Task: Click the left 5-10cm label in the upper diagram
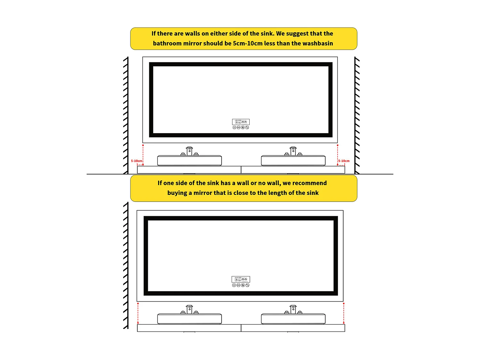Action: click(136, 161)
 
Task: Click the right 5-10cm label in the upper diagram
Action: click(344, 161)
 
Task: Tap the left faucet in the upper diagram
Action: click(189, 151)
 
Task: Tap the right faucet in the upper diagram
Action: click(293, 151)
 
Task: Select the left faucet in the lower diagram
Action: click(189, 309)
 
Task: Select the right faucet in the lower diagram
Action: click(293, 309)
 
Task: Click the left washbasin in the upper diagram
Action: click(189, 161)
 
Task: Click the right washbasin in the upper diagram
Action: click(293, 161)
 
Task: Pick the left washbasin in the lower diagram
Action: click(189, 319)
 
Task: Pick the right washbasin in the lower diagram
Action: click(293, 319)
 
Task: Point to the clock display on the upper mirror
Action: click(241, 122)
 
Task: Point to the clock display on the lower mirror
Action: click(241, 279)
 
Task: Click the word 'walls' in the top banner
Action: click(192, 34)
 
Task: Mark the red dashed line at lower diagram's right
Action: click(344, 313)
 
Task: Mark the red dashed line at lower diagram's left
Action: click(138, 313)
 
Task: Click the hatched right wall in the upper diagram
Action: click(357, 115)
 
